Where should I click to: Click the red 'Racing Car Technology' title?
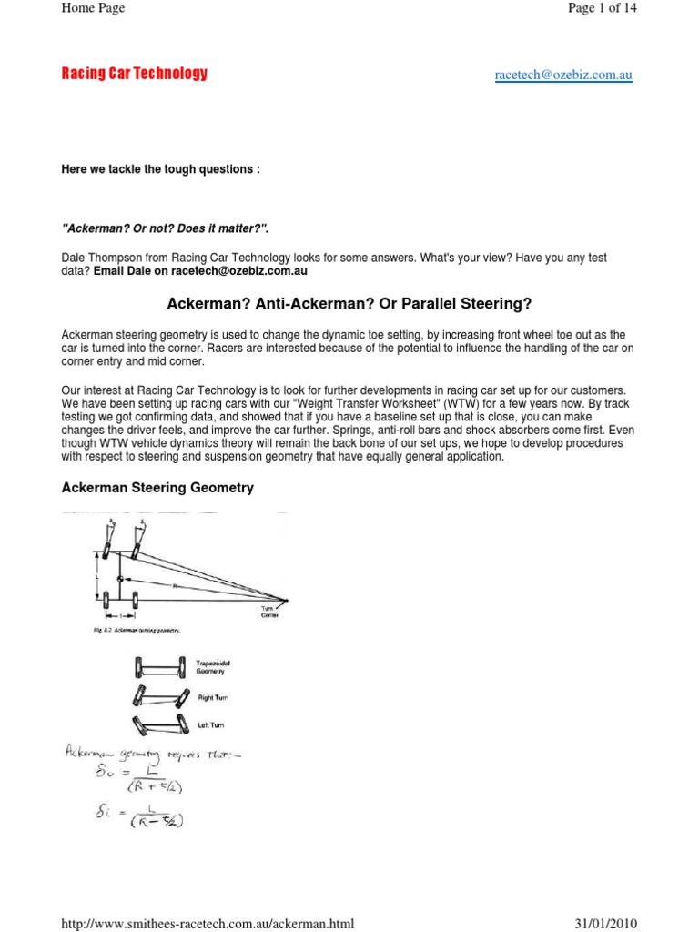pyautogui.click(x=134, y=74)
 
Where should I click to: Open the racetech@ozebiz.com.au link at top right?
pyautogui.click(x=563, y=76)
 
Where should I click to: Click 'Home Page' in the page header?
pyautogui.click(x=92, y=8)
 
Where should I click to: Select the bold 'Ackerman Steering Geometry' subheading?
pyautogui.click(x=157, y=488)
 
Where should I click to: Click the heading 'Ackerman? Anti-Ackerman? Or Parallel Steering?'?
pyautogui.click(x=349, y=302)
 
